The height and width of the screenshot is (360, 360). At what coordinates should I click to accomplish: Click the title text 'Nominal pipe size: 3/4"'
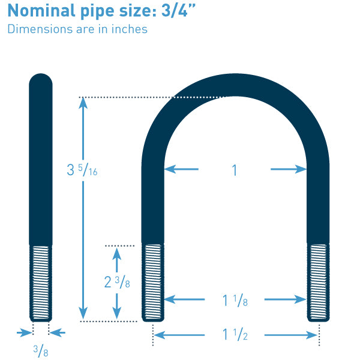click(101, 11)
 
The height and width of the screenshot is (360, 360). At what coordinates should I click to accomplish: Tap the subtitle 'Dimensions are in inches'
click(77, 29)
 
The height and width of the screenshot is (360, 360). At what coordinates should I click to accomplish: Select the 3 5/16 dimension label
click(82, 170)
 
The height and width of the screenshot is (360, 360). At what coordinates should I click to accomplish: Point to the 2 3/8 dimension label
click(117, 282)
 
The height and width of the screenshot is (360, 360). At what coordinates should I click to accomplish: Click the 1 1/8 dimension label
click(235, 301)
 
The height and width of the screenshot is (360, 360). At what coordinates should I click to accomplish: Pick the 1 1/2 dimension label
click(235, 334)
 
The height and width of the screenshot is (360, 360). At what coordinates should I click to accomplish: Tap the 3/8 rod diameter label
click(41, 351)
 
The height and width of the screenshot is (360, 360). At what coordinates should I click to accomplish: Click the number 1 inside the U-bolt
click(235, 170)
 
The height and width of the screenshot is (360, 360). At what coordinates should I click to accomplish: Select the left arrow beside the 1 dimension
click(181, 169)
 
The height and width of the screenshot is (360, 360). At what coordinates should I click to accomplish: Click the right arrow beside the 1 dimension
click(289, 169)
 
